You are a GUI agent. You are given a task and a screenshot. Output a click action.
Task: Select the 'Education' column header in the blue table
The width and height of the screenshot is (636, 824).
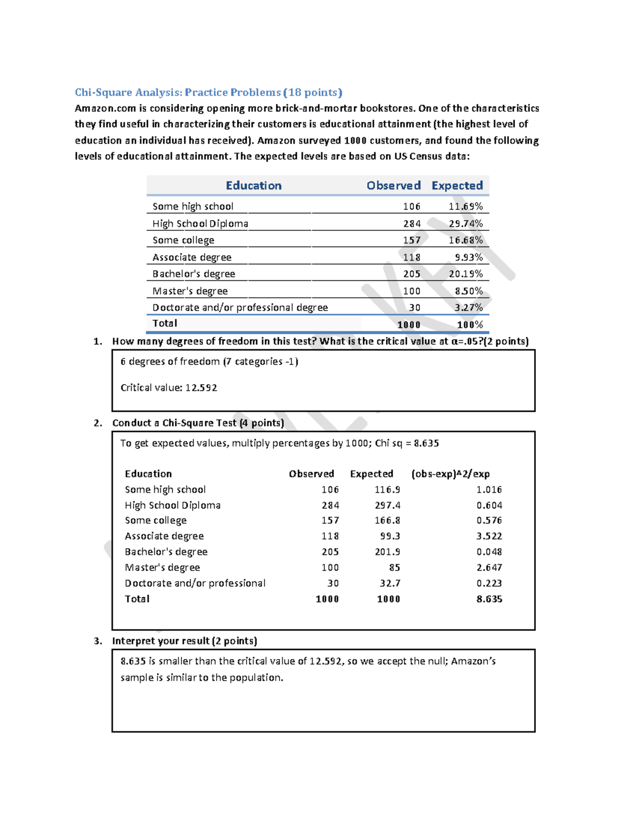pyautogui.click(x=253, y=186)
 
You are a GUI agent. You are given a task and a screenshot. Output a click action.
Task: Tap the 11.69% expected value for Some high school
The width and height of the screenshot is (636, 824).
pyautogui.click(x=465, y=206)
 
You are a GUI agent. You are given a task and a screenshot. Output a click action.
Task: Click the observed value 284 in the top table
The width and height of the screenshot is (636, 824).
pyautogui.click(x=411, y=223)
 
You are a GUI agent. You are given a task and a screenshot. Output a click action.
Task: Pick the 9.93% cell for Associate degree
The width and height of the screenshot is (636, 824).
pyautogui.click(x=469, y=257)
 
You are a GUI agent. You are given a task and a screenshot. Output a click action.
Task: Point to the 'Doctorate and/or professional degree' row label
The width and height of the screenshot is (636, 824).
pyautogui.click(x=240, y=308)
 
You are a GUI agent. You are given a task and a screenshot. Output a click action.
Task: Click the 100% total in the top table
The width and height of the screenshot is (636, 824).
pyautogui.click(x=470, y=325)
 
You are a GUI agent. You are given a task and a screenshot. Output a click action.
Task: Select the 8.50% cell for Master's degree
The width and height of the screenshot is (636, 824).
pyautogui.click(x=469, y=291)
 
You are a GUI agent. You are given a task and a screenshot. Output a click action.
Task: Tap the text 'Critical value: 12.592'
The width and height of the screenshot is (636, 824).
pyautogui.click(x=169, y=388)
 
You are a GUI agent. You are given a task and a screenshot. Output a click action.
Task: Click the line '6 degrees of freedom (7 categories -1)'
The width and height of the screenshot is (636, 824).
pyautogui.click(x=209, y=362)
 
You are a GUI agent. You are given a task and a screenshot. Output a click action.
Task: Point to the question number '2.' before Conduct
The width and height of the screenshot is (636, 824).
pyautogui.click(x=98, y=423)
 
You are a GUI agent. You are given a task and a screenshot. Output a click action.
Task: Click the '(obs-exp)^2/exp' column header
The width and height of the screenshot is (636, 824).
pyautogui.click(x=450, y=474)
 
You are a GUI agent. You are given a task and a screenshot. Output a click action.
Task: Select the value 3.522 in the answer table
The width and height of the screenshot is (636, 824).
pyautogui.click(x=489, y=536)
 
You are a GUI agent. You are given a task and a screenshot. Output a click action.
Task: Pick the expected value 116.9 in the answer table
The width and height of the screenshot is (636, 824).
pyautogui.click(x=387, y=490)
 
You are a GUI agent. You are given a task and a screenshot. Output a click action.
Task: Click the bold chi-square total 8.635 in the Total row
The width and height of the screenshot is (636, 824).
pyautogui.click(x=489, y=599)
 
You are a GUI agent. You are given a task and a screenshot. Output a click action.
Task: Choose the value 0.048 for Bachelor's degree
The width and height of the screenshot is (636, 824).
pyautogui.click(x=489, y=552)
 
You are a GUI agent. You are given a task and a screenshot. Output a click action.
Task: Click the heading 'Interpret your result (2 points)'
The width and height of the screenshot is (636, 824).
pyautogui.click(x=184, y=641)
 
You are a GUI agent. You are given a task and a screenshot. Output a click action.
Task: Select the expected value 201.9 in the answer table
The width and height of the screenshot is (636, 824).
pyautogui.click(x=387, y=552)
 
